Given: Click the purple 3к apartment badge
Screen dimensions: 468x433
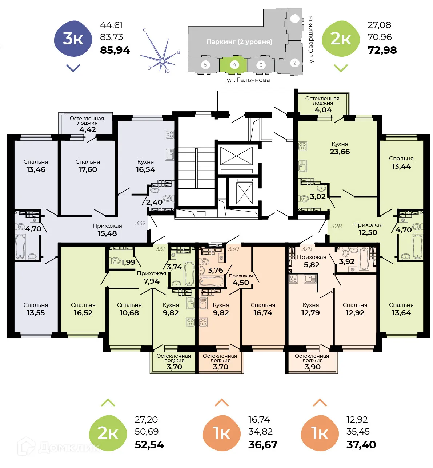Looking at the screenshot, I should coord(73,39).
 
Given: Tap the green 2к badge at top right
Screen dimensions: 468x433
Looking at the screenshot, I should coord(341,39).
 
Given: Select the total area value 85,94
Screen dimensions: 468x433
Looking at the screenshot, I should coord(115,50).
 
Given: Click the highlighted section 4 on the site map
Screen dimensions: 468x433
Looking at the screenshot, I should coord(234,65).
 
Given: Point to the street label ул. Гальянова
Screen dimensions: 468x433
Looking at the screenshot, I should coord(248,80).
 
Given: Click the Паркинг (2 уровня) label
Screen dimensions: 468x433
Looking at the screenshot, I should coord(239,42).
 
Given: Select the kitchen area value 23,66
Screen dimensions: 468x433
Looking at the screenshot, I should coord(340,152).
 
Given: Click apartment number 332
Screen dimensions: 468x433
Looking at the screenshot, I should coord(140,223).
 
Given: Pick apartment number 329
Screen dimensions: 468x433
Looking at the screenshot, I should coord(307,249).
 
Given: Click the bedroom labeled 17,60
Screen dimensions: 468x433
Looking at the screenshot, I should coord(88,169).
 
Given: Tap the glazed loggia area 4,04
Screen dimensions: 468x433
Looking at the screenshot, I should coord(323,110).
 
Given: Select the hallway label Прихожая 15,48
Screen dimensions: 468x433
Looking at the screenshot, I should coord(107,230).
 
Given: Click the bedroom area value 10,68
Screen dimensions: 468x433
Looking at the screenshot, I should coord(129,313).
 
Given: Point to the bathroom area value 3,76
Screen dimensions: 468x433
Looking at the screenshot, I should coord(215,270).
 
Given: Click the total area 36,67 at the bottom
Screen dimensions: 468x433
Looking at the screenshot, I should coord(262,445).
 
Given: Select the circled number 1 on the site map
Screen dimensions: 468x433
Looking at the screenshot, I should coord(295,19).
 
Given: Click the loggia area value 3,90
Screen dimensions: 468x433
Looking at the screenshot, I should coord(312,367).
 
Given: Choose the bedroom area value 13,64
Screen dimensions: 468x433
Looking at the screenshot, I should coord(401,313).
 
